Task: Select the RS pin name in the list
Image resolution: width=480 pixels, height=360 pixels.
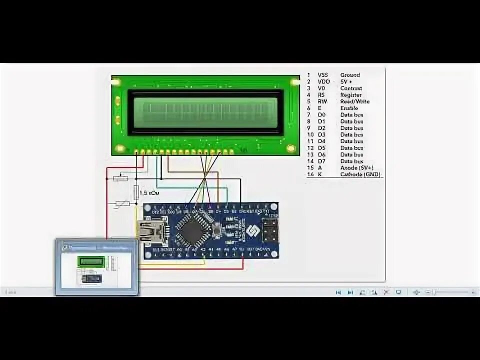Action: click(x=321, y=95)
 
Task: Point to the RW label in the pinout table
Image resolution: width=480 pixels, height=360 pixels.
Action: click(x=322, y=101)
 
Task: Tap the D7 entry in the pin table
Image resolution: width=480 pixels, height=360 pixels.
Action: click(x=321, y=161)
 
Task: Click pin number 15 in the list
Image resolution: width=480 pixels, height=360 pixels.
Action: click(x=309, y=168)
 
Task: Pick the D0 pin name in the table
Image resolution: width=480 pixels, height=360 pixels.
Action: click(x=321, y=115)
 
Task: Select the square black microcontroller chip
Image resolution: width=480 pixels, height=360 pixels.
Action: click(x=191, y=230)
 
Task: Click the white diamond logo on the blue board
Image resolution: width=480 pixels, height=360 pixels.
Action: click(x=251, y=230)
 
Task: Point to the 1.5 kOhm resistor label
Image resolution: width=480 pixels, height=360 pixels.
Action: click(x=149, y=192)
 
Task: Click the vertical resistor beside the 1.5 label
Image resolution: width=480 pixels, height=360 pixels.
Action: click(x=136, y=192)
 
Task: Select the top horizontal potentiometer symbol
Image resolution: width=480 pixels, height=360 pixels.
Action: click(x=120, y=178)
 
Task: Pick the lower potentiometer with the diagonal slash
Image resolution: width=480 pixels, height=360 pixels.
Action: click(x=122, y=203)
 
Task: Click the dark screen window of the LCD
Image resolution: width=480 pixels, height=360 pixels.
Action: click(x=205, y=112)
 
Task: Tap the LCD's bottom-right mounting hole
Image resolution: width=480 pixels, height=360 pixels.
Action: click(x=291, y=148)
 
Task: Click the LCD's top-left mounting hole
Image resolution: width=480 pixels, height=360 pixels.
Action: click(x=115, y=81)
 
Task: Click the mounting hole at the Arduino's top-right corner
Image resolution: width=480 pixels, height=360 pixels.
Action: click(x=274, y=205)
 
